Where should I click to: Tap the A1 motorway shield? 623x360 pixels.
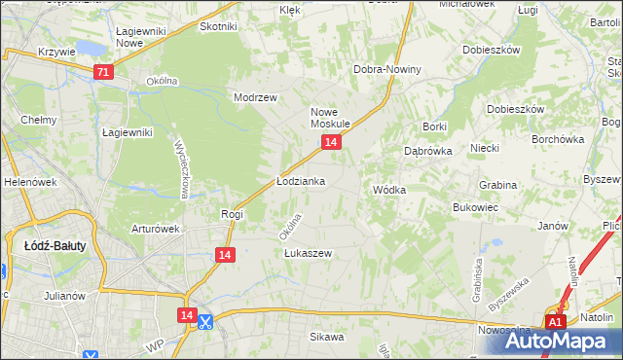coord(555,322)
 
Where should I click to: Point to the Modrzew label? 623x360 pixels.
coord(256,97)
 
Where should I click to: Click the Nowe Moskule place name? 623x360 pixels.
coord(330,118)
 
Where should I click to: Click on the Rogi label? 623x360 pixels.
coord(232,214)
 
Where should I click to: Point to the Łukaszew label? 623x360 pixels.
coord(308,253)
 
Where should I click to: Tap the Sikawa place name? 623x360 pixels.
coord(327,337)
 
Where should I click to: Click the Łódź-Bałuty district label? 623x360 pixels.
coord(55,245)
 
